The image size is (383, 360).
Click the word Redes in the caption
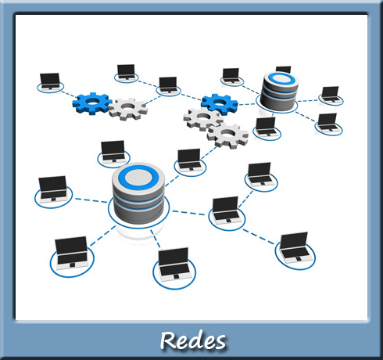click(193, 340)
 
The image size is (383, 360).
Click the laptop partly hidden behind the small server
click(283, 70)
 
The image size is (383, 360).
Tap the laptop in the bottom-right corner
click(295, 246)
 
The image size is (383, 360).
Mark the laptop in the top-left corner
click(50, 81)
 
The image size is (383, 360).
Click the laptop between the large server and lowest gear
click(188, 159)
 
